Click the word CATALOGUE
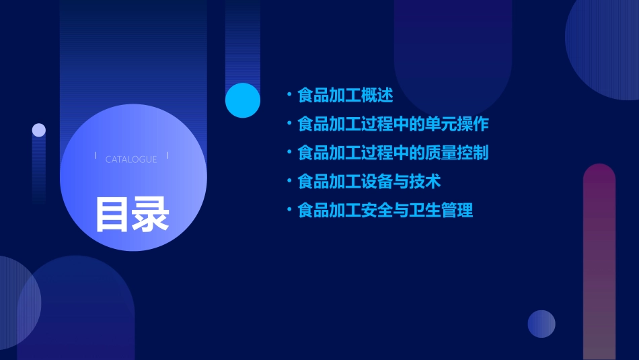click(131, 159)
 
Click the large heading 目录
click(132, 214)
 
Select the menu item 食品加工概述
click(345, 96)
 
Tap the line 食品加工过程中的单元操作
click(393, 124)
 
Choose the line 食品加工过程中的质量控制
click(393, 153)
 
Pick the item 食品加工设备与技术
click(369, 182)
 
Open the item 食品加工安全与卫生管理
click(385, 211)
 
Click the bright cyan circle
click(243, 100)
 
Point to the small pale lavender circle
click(39, 130)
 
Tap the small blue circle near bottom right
click(541, 324)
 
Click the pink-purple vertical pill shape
click(599, 262)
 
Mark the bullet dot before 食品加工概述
click(289, 96)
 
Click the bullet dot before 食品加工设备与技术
click(289, 182)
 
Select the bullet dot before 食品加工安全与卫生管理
click(289, 211)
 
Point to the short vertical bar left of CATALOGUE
click(96, 155)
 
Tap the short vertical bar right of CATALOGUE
click(167, 155)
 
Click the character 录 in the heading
click(151, 214)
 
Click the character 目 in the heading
click(112, 214)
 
